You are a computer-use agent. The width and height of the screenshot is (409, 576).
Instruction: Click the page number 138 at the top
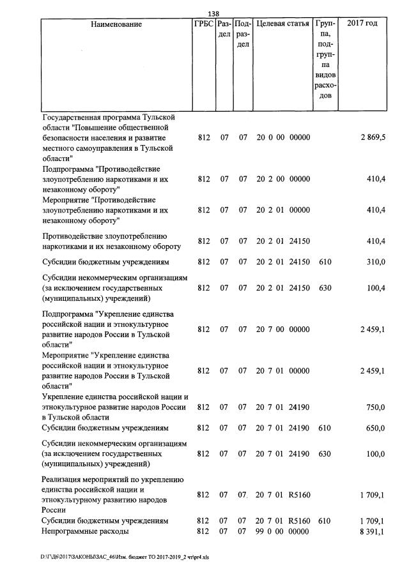tap(213, 13)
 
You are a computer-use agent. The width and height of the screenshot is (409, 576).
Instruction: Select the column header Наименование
tap(116, 24)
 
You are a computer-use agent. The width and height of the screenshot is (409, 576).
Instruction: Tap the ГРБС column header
tap(203, 24)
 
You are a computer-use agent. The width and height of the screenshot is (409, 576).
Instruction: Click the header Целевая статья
tap(282, 24)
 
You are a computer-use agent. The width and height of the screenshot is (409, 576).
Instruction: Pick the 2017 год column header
tap(362, 24)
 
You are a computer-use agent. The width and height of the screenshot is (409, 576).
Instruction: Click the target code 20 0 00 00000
tap(283, 138)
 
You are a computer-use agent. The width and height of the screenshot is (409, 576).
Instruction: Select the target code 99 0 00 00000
tap(283, 531)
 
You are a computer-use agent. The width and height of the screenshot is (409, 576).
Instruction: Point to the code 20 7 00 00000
tap(283, 330)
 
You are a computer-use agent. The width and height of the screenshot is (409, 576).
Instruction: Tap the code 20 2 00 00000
tap(283, 179)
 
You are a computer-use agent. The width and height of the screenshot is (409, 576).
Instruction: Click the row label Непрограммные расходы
tap(85, 531)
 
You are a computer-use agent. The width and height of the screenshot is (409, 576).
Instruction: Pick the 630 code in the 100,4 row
tap(325, 288)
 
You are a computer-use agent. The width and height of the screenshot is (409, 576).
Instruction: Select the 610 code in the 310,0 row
tap(325, 262)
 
